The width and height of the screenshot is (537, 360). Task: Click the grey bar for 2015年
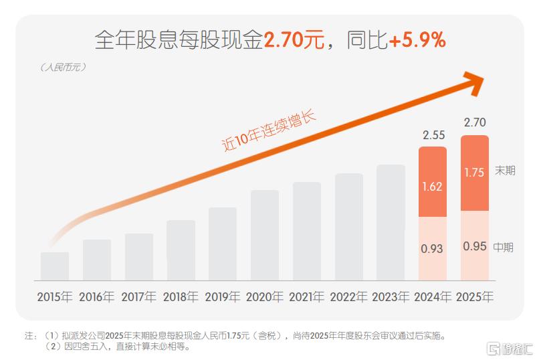click(x=55, y=266)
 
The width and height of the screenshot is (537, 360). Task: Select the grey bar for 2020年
click(x=265, y=235)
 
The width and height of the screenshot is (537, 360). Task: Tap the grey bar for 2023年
click(x=391, y=222)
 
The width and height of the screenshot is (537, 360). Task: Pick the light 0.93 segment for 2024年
click(x=432, y=248)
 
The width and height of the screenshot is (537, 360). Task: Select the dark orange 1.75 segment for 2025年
click(x=474, y=173)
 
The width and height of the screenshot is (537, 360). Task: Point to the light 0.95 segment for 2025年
click(x=474, y=246)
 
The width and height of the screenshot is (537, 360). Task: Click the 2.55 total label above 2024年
click(x=432, y=135)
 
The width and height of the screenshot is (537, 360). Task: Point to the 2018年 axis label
click(x=181, y=296)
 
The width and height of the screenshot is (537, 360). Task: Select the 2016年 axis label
click(x=96, y=296)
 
